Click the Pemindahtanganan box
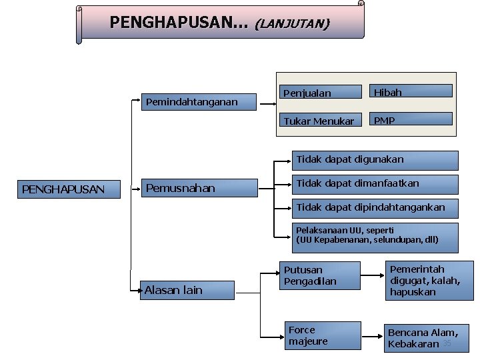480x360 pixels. (200, 101)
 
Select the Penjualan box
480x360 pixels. (319, 93)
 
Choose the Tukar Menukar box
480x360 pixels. (319, 121)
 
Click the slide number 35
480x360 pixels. (447, 343)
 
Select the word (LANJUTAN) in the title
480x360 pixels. (291, 24)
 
